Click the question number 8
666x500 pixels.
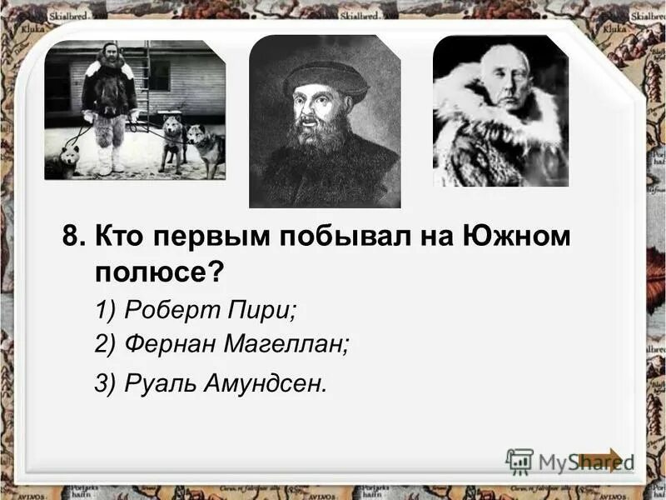click(73, 237)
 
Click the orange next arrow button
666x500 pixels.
click(601, 461)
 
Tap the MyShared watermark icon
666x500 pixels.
click(519, 462)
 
